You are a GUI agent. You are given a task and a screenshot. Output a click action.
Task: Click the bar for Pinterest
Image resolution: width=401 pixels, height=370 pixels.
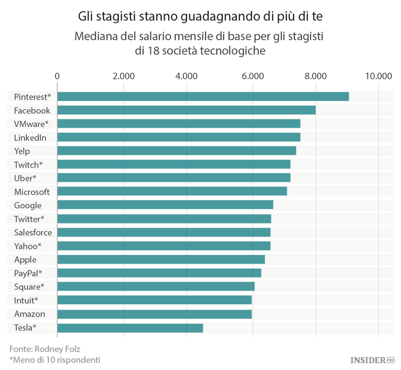tap(203, 96)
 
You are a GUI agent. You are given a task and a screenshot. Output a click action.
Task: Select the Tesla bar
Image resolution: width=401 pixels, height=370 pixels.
tap(130, 328)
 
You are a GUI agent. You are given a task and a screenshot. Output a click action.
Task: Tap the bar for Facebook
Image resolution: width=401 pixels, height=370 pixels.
tap(187, 110)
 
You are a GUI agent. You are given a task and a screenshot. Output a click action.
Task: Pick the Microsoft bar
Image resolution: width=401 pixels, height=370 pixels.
tap(172, 192)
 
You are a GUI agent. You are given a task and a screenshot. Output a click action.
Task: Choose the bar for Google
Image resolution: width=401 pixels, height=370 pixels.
tap(165, 205)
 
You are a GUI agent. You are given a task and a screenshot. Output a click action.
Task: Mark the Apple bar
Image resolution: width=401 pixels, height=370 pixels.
tap(161, 260)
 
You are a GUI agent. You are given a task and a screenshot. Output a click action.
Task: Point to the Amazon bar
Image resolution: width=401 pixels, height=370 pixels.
tap(155, 314)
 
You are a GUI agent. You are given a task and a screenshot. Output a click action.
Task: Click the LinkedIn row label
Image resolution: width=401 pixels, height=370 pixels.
tap(30, 138)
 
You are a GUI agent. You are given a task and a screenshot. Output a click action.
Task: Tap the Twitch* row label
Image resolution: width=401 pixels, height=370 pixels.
tap(28, 164)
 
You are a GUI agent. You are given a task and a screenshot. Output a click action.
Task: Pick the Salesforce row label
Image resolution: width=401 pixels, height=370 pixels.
tap(33, 232)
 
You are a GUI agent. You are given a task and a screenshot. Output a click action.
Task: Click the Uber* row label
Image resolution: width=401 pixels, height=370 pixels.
tap(25, 178)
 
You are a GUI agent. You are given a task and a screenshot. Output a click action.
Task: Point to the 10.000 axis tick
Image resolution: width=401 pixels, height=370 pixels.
tap(379, 76)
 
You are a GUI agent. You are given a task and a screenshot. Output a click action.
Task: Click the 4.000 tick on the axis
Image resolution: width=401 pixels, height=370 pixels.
tap(187, 76)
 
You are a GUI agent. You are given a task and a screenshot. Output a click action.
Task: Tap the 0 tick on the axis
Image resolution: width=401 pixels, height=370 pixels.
tap(57, 76)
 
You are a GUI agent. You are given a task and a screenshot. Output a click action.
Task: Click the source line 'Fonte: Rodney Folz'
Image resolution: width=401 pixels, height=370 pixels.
tap(44, 348)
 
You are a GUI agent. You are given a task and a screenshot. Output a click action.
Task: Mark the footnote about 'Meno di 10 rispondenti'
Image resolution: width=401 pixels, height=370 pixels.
tap(55, 359)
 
